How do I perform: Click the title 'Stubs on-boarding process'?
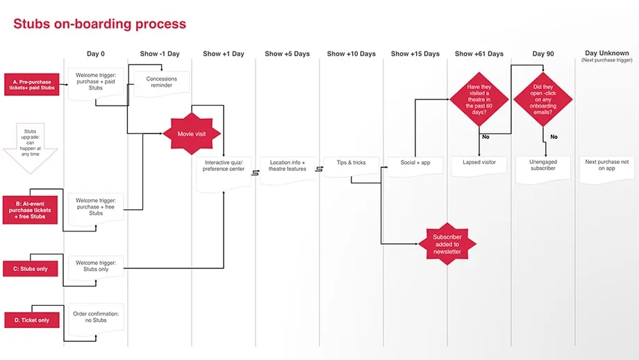[99, 24]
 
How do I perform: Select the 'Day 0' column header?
[96, 54]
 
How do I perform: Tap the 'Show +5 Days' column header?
[287, 54]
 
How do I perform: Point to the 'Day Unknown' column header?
[606, 54]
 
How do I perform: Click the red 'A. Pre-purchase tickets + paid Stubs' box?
[32, 84]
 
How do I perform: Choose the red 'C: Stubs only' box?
[32, 268]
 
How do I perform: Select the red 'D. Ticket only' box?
[32, 320]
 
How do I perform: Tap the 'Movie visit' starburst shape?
[191, 133]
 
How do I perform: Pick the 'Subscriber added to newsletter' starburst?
[447, 243]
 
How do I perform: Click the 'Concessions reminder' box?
[161, 83]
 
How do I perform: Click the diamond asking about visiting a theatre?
[479, 99]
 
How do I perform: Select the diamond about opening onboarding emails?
[543, 99]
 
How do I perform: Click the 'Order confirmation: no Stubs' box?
[96, 319]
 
